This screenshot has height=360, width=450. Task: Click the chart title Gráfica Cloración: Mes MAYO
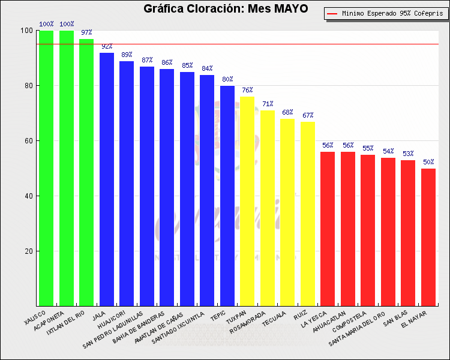coord(226,8)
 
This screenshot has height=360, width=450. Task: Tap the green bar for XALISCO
coord(46,168)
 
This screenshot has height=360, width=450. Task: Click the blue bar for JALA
coord(107,179)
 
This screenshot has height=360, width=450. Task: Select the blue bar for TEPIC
coord(227,196)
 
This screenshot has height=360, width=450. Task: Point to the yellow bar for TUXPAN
coord(247,201)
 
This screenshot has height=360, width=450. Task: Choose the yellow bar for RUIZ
coord(308,214)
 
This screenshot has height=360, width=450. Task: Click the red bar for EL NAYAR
coord(428,237)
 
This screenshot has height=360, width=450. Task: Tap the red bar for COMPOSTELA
coord(368,230)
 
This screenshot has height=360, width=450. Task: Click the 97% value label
coord(86,32)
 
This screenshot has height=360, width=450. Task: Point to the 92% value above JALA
coord(107,46)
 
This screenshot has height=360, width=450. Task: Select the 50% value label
coord(428,162)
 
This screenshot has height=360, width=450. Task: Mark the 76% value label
coord(247,90)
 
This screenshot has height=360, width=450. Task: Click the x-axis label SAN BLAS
coord(397,320)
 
